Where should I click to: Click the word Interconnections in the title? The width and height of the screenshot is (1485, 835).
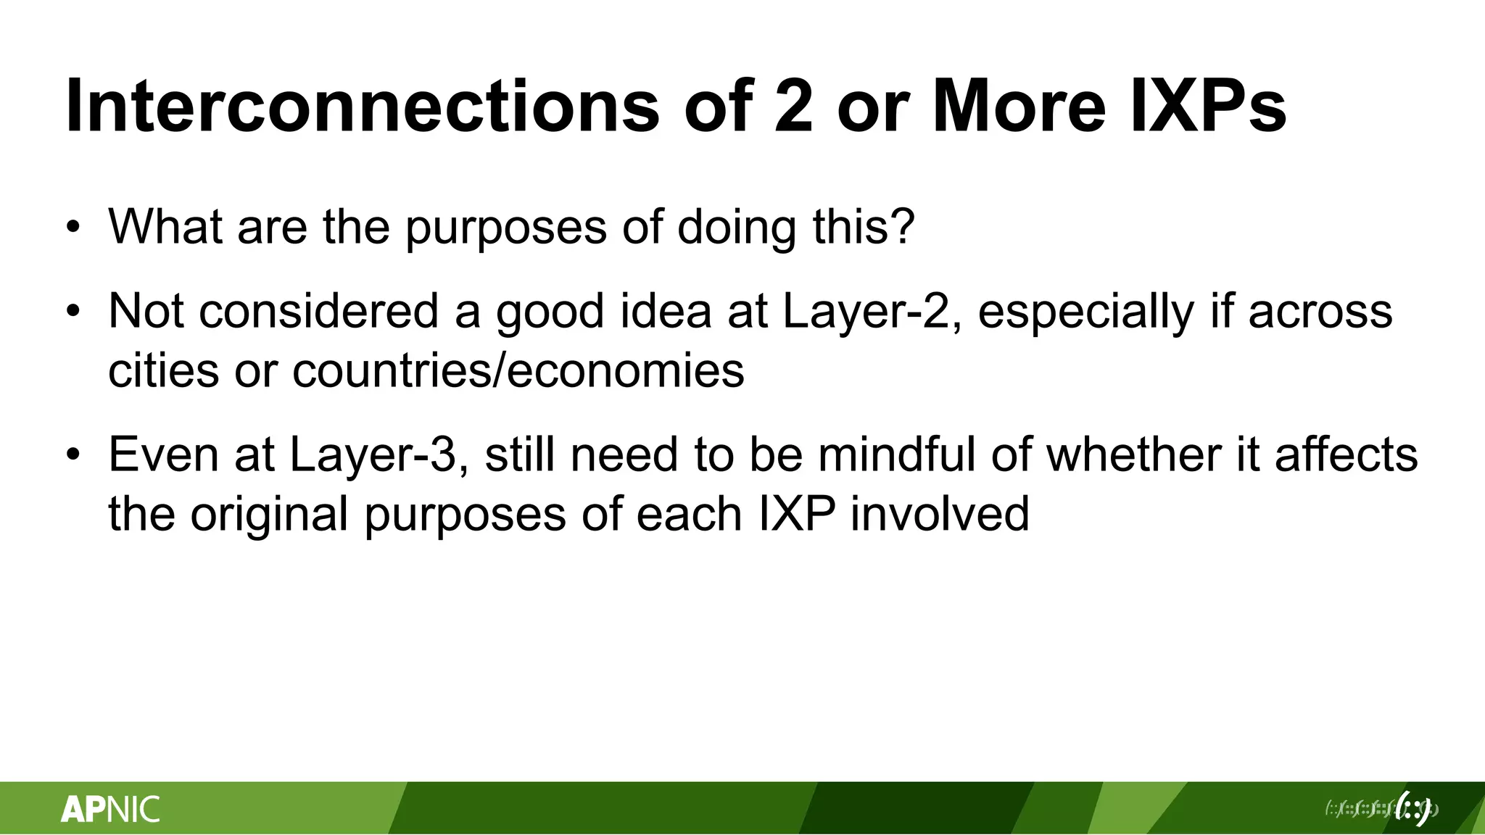[363, 107]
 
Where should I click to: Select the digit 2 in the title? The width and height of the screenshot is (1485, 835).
[793, 107]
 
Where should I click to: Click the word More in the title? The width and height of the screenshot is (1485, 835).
[1019, 107]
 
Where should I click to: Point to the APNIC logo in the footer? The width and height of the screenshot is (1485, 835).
[110, 809]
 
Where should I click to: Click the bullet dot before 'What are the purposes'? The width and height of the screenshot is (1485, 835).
[73, 228]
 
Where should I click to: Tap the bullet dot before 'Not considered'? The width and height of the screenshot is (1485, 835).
[73, 312]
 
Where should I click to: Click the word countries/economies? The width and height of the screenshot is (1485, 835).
[518, 371]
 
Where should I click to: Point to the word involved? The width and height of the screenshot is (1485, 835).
[939, 515]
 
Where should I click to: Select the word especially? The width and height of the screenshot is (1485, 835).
[1085, 312]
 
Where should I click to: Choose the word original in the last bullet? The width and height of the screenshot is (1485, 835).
[270, 515]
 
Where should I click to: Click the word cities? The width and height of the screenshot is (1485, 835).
[164, 371]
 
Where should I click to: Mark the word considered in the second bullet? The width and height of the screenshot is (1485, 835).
[319, 312]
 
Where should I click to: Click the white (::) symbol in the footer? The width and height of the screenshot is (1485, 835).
[1412, 808]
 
